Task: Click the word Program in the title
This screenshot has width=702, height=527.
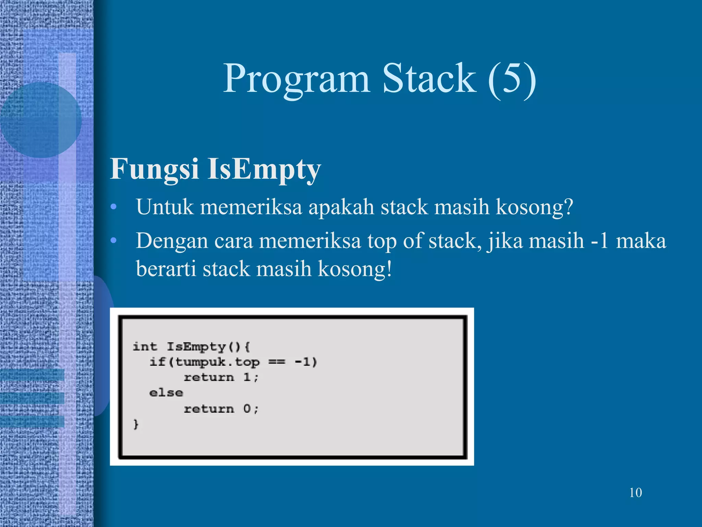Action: coord(296,79)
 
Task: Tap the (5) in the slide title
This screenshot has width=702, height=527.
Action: coord(512,79)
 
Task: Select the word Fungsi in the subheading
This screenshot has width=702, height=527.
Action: coord(154,169)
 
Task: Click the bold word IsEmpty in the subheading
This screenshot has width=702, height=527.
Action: coord(264,169)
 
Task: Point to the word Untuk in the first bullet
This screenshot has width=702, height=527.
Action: coord(165,207)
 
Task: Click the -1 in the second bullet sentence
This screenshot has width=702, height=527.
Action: coord(600,241)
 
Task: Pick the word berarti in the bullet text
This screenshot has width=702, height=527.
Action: coord(166,268)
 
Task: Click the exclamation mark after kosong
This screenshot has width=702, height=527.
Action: coord(389,268)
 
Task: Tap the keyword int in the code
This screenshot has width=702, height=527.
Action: coord(145,347)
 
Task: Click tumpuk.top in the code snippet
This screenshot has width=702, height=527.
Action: coord(217,362)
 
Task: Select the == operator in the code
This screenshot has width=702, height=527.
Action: coord(277,362)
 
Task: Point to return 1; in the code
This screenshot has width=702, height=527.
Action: coord(221,377)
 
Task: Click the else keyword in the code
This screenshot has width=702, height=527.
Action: coord(166,393)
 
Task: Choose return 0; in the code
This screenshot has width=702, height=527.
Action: coord(221,409)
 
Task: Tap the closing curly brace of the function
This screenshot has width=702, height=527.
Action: coord(136,424)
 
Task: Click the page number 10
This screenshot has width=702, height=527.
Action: coord(636,493)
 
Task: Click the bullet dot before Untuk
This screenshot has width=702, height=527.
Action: coord(114,207)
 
